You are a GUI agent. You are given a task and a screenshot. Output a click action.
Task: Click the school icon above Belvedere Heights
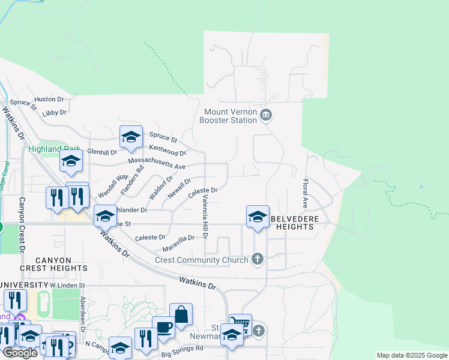pyautogui.click(x=258, y=217)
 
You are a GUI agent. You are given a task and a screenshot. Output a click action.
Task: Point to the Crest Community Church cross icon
pyautogui.click(x=257, y=259)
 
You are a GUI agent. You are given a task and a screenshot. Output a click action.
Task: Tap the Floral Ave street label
pyautogui.click(x=306, y=193)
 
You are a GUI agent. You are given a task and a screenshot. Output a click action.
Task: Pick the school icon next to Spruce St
pyautogui.click(x=131, y=137)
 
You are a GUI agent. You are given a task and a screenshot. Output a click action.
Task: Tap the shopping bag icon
pyautogui.click(x=181, y=314)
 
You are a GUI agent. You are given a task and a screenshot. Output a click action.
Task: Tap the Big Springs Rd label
pyautogui.click(x=182, y=347)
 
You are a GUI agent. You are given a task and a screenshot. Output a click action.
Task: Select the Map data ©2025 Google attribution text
pyautogui.click(x=412, y=355)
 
